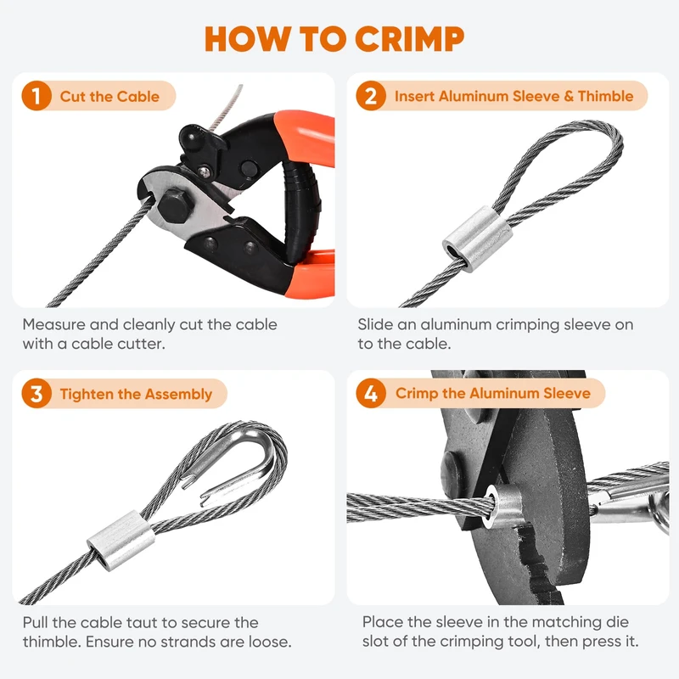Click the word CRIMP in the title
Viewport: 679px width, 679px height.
[410, 39]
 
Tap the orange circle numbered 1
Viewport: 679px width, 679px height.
[36, 96]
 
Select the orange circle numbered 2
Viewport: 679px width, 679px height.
[371, 96]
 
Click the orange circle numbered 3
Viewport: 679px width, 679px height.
[36, 393]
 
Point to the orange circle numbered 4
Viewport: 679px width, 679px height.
[371, 393]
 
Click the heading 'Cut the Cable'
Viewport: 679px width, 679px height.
[109, 96]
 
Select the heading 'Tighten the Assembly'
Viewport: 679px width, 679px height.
[136, 394]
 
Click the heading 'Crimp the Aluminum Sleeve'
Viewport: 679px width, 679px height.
[493, 393]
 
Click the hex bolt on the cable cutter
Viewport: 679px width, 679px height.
[175, 205]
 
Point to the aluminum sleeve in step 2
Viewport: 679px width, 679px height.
[477, 239]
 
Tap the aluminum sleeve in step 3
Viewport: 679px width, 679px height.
[121, 541]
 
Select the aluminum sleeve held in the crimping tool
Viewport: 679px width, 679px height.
[504, 507]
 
